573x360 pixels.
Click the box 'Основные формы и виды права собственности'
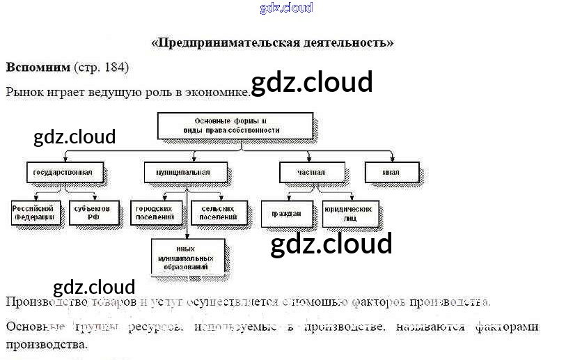pyautogui.click(x=235, y=126)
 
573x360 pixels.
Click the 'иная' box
pyautogui.click(x=391, y=172)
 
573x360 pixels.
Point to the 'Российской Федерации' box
pyautogui.click(x=34, y=212)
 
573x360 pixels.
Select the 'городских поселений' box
pyautogui.click(x=155, y=212)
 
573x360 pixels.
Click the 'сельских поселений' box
pyautogui.click(x=218, y=212)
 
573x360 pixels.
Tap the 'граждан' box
pyautogui.click(x=286, y=214)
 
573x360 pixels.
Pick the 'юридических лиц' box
pyautogui.click(x=350, y=213)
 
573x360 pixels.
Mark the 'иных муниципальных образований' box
pyautogui.click(x=188, y=258)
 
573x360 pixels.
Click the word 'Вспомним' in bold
pyautogui.click(x=38, y=68)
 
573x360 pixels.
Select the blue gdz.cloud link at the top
pyautogui.click(x=286, y=8)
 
